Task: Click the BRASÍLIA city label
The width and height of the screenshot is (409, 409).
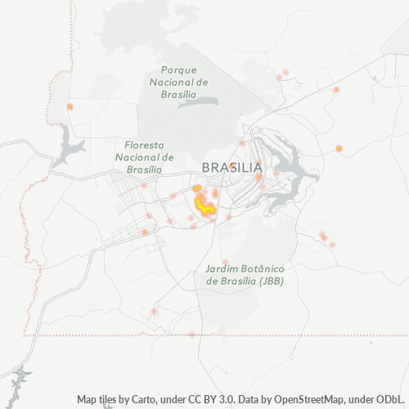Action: [231, 167]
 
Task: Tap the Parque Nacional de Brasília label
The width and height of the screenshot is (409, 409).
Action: [179, 82]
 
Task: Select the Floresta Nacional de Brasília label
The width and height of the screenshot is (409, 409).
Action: [145, 156]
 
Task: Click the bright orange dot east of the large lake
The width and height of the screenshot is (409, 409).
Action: [339, 148]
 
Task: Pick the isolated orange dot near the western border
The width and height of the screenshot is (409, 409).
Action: [70, 106]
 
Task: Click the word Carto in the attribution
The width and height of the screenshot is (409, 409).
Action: [152, 399]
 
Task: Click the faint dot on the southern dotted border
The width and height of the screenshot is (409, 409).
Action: [191, 335]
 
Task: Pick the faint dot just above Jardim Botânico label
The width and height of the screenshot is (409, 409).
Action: [225, 261]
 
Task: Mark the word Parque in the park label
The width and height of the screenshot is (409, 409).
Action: [179, 70]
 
